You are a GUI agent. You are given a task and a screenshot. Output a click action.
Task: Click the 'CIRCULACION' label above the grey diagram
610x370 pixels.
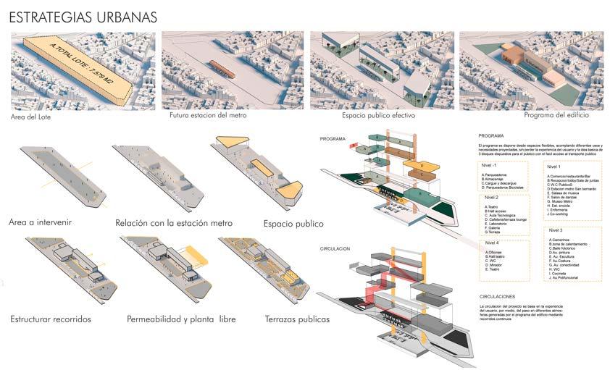(x=334, y=248)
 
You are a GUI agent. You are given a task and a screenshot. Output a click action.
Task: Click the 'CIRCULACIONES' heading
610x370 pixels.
(x=497, y=296)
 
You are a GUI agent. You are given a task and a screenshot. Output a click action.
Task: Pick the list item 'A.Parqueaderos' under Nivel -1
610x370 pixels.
(x=496, y=175)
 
